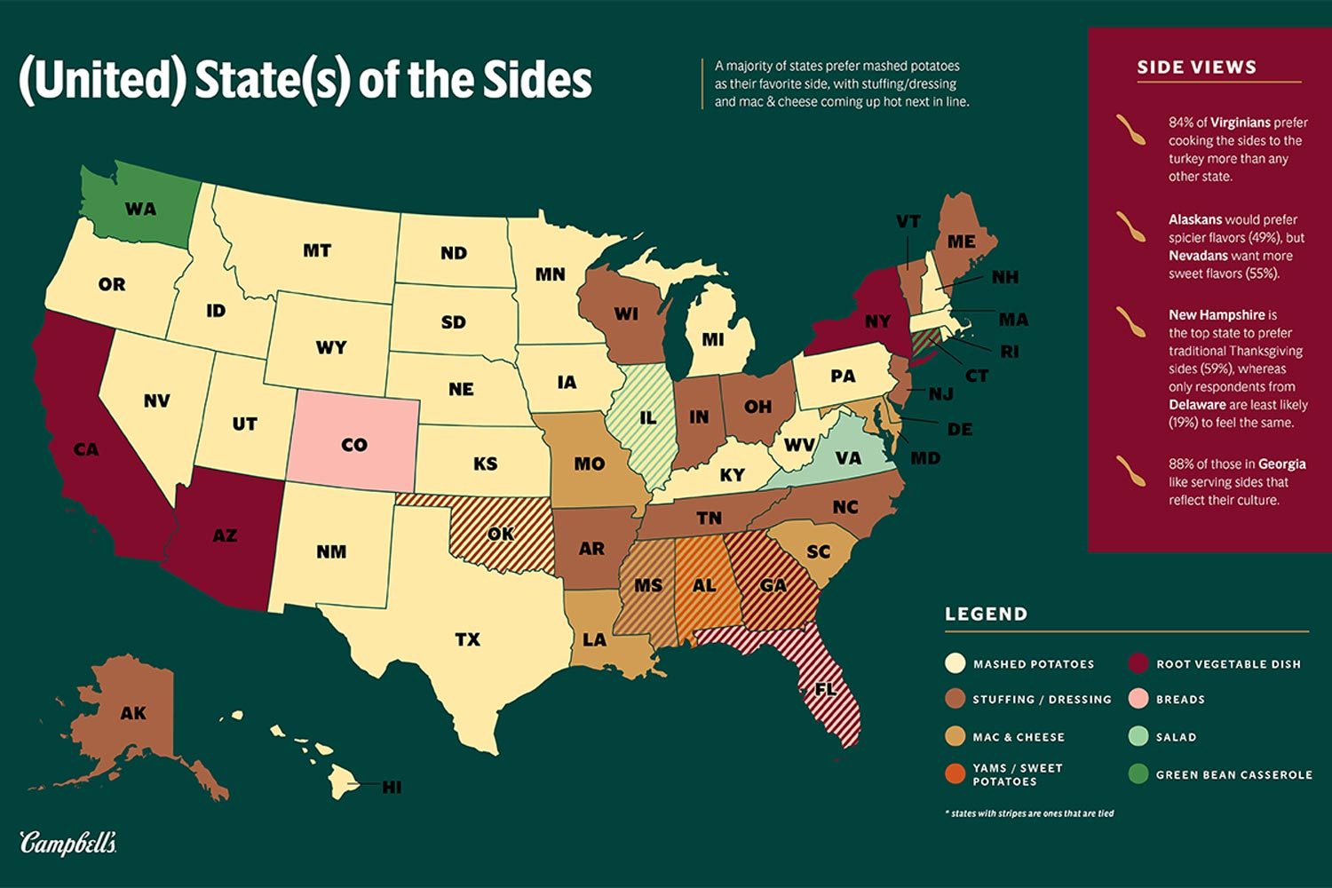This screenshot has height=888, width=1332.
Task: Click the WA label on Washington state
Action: tap(140, 210)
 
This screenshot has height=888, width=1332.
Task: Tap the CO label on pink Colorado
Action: tap(353, 445)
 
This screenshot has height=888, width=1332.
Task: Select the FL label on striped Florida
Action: tap(826, 688)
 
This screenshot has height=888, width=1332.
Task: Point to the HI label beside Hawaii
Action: tap(391, 787)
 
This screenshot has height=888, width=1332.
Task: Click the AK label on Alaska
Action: tap(133, 713)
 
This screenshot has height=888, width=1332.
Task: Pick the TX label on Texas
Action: tap(467, 639)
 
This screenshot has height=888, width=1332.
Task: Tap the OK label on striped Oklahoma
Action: tap(501, 535)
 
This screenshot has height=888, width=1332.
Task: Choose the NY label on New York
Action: tap(877, 321)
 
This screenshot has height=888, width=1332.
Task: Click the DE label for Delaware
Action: tap(959, 429)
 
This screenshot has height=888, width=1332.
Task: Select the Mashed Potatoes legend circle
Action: tap(955, 663)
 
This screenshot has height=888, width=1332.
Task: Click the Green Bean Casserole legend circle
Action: tap(1138, 774)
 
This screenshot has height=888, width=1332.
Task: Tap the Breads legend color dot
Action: tap(1138, 700)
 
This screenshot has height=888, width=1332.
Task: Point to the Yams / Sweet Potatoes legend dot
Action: tap(955, 773)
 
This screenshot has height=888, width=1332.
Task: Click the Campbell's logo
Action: tap(68, 843)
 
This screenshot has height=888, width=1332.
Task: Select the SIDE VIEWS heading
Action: tap(1196, 67)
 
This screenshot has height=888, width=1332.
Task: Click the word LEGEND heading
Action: tap(986, 614)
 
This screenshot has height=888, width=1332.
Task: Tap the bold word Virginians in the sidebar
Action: tap(1241, 123)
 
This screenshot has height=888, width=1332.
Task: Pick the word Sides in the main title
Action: tap(537, 80)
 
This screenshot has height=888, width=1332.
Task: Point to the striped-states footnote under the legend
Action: tap(1030, 813)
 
